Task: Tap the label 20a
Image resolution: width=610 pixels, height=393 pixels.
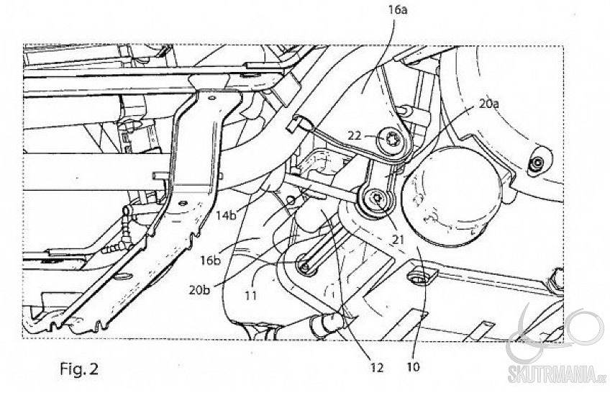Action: pyautogui.click(x=489, y=104)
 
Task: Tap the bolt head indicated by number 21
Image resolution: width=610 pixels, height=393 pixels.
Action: pyautogui.click(x=376, y=201)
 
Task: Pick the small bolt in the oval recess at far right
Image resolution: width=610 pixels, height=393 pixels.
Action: pyautogui.click(x=537, y=165)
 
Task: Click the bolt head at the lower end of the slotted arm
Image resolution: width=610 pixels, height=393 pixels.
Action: pyautogui.click(x=306, y=268)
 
